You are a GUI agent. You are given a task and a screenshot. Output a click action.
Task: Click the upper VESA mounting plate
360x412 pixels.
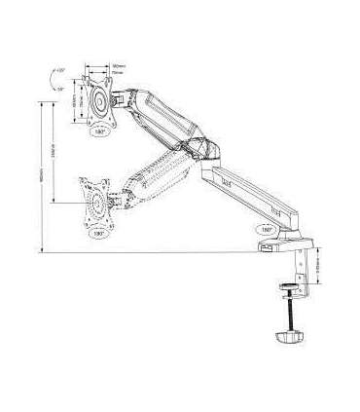99,102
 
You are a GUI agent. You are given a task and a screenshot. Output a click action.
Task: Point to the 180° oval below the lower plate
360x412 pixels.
98,235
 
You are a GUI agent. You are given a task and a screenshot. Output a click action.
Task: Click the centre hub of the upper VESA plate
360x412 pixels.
99,102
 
